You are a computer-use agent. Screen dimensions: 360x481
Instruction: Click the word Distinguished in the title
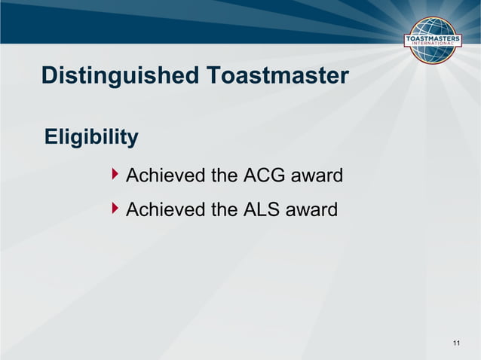coord(120,76)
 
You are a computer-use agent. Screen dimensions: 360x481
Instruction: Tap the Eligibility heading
coord(91,137)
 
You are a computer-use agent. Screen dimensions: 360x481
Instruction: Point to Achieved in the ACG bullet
coord(165,176)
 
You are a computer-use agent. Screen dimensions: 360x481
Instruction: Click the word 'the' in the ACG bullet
coord(224,176)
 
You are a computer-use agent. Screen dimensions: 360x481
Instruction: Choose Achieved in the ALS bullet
coord(165,209)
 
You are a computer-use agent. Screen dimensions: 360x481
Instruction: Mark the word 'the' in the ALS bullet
coord(224,209)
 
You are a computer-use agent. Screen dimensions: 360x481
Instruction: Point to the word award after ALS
coord(313,209)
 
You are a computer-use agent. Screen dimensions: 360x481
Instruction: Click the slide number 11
coord(456,344)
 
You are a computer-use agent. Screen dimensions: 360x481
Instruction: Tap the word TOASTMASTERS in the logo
coord(434,38)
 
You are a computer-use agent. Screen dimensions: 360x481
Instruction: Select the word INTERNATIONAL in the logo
coord(434,45)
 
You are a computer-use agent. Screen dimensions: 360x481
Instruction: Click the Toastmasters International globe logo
coord(434,41)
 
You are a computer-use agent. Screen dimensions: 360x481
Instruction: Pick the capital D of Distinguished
coord(49,76)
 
